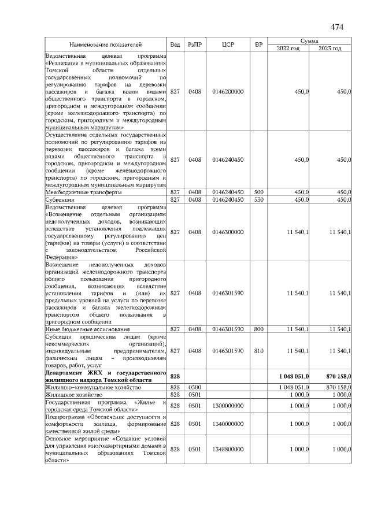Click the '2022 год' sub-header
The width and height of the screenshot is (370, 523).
pyautogui.click(x=287, y=48)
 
